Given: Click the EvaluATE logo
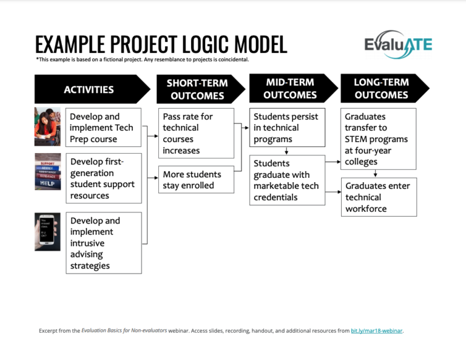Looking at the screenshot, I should coord(398,45).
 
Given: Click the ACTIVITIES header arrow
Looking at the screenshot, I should coord(91,89).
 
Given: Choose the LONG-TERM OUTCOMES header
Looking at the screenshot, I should coord(382,89).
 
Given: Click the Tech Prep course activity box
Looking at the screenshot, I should coord(103,127).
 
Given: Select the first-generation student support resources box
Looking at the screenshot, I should coord(103,178).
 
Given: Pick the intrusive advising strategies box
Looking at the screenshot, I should coord(103,243).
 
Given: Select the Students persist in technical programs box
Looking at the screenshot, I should coord(286,127).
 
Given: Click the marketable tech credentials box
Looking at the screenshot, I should coord(286,180).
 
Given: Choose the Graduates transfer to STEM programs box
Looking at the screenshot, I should coord(380,139).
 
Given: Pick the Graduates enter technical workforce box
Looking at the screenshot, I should coord(380,197).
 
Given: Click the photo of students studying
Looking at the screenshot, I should coord(47,126).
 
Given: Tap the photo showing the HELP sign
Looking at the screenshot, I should coord(47,172).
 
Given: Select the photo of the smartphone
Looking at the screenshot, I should coord(47,231).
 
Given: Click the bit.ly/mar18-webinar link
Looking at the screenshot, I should coord(376,331).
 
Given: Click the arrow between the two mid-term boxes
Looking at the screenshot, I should coord(286,151).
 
